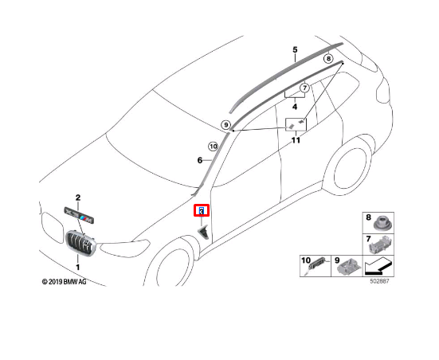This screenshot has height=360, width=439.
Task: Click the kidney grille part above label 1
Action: pos(80,243)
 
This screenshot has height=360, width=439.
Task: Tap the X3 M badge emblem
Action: pos(79,215)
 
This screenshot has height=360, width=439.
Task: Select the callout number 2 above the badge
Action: pos(78,198)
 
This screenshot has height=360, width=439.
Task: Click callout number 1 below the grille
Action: pos(78,267)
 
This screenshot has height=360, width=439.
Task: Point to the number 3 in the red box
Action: pos(202,212)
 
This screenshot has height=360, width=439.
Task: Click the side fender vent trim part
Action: pos(204,233)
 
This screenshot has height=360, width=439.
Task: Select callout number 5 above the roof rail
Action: pos(295,50)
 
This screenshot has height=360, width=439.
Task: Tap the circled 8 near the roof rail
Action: pos(328,58)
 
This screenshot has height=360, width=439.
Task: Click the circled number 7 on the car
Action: pos(304,88)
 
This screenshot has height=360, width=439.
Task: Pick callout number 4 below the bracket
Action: pos(295,107)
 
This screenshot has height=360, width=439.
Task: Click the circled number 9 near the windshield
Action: pos(225,124)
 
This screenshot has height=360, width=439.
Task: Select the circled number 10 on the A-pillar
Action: pos(213,146)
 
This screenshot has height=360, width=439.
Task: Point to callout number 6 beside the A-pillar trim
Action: pos(200,160)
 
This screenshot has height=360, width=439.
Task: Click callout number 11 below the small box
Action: pos(296,140)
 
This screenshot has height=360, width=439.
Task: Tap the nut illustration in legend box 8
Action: pos(382,225)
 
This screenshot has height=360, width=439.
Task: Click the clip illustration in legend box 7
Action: pos(380,245)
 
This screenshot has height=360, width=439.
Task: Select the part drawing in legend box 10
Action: pos(316,266)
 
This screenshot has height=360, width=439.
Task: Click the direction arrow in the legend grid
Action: pos(378,267)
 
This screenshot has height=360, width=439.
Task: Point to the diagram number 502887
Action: pos(379,281)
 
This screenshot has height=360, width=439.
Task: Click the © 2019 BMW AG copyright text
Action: pos(64,282)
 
